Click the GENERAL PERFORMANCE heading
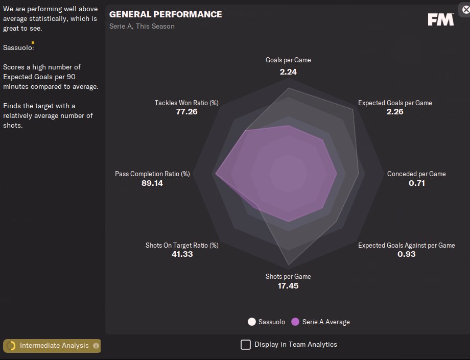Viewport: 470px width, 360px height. point(166,14)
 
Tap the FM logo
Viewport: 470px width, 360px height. point(440,19)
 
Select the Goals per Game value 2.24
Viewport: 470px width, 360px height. point(288,72)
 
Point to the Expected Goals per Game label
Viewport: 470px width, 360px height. point(395,103)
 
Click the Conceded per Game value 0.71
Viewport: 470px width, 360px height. point(417,183)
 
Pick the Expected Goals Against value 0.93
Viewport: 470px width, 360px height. point(407,254)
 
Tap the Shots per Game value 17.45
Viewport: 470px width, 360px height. point(288,285)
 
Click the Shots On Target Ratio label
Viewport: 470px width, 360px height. point(182,245)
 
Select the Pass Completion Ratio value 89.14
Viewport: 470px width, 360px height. point(152,183)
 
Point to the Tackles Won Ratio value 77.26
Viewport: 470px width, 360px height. point(186,112)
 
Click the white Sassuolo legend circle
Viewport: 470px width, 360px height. point(251,322)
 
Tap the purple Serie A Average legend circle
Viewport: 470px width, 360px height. point(295,322)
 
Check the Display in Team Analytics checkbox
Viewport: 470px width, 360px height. point(246,344)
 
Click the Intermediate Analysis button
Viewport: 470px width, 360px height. point(54,346)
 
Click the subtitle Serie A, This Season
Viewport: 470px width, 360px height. point(142,26)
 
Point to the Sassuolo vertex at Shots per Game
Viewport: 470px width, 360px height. point(288,265)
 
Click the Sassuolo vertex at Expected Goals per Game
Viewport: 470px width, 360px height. point(352,109)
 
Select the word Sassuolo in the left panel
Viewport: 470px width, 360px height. point(18,47)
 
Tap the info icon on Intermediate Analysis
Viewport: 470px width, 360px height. point(96,346)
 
